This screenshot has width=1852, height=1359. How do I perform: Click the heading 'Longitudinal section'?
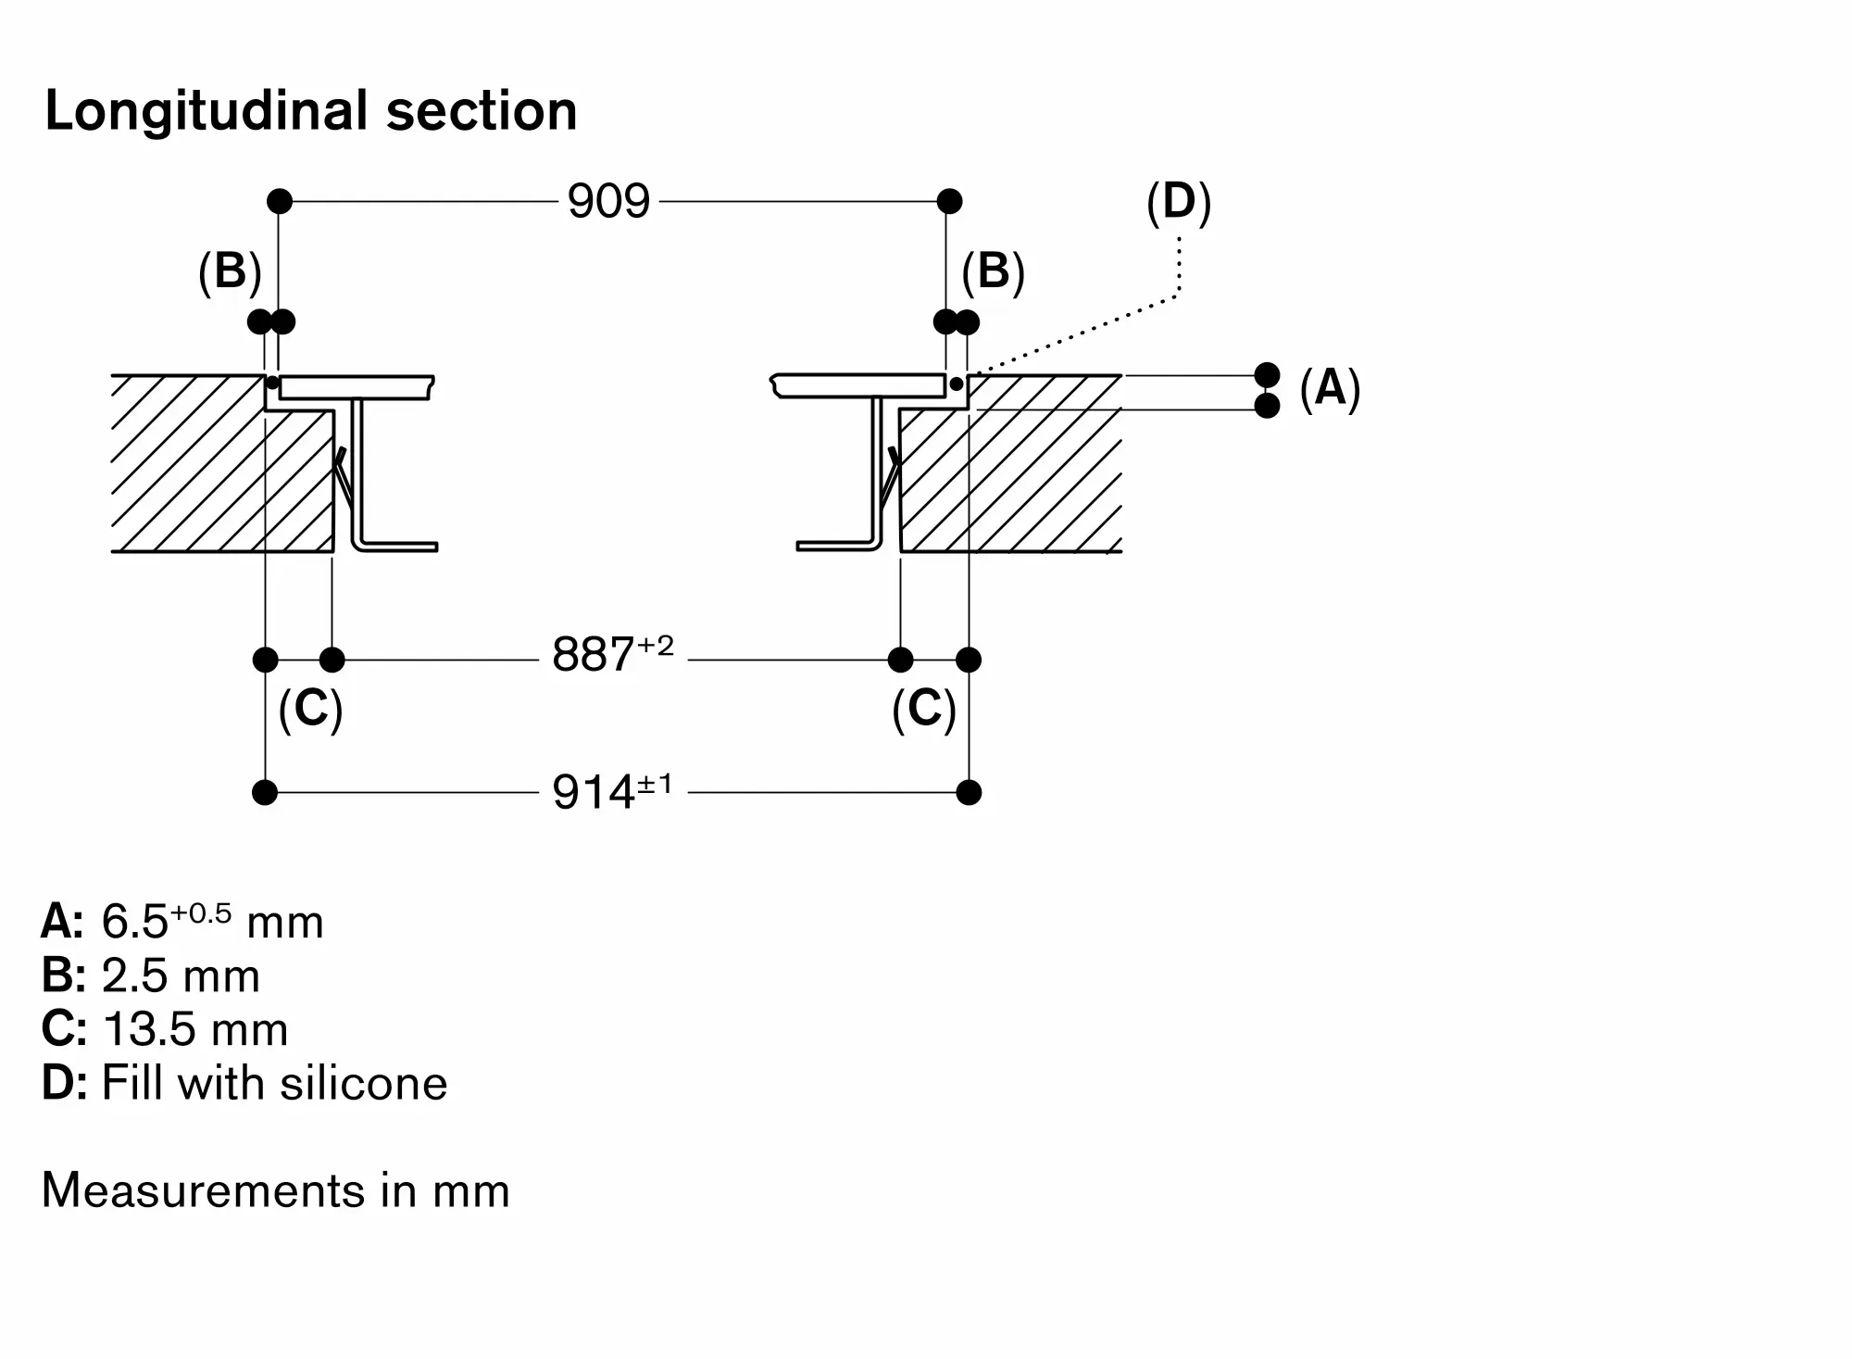(311, 111)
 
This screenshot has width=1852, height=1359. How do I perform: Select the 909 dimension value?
(608, 201)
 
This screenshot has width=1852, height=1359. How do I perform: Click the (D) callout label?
(1179, 201)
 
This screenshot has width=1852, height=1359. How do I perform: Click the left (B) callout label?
(230, 271)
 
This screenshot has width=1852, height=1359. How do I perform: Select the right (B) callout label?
(993, 271)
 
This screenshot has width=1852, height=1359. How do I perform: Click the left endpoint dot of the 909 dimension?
(280, 201)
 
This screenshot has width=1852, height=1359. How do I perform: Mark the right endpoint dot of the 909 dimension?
(949, 201)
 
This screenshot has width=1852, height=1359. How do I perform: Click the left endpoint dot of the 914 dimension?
(265, 793)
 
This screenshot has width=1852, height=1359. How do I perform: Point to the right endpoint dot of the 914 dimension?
(969, 793)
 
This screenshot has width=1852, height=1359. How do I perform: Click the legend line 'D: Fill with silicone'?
(244, 1083)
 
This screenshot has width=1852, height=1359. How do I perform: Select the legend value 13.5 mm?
(195, 1029)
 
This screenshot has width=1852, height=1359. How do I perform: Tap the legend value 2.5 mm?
(181, 975)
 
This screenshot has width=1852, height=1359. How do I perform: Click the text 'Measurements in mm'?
(276, 1190)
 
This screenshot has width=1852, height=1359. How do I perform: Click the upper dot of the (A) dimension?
(1267, 375)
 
